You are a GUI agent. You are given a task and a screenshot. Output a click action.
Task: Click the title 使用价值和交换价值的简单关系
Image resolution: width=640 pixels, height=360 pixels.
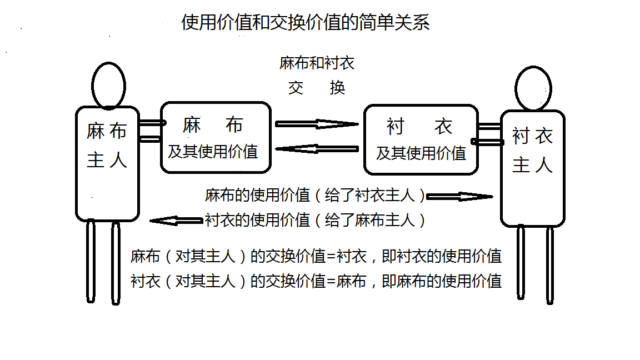coord(306,23)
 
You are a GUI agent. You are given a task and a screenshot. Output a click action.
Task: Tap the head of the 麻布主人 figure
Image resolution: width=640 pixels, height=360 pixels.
coord(108,85)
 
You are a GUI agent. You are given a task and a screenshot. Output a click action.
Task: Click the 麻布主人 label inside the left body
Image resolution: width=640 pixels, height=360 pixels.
coord(107,146)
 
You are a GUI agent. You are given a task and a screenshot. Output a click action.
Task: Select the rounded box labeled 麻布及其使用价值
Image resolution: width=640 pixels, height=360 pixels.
coord(215,137)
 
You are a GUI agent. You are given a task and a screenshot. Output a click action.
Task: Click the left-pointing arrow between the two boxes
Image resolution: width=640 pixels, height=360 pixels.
coord(317,148)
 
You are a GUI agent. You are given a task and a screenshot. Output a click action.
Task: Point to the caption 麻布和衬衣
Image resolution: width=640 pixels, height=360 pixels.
coord(317,63)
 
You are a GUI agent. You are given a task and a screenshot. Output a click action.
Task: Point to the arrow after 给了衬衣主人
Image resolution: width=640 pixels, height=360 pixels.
coord(459,196)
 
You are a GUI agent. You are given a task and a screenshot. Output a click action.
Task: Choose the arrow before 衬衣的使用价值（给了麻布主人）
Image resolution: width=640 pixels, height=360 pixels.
coord(176,221)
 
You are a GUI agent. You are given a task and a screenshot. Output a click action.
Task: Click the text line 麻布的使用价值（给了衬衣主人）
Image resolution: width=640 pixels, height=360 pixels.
coord(314,196)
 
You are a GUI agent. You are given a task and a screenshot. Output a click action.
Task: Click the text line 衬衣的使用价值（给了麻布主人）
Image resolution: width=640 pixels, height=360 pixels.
coord(315,221)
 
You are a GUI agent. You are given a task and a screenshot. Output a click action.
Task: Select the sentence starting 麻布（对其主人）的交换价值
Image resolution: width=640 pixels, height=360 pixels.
coord(316,256)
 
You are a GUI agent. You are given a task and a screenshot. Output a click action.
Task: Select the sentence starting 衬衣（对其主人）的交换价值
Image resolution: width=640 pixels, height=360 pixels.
coord(316,281)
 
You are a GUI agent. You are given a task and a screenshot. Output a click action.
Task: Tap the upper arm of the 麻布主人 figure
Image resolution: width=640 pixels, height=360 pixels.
coord(150,123)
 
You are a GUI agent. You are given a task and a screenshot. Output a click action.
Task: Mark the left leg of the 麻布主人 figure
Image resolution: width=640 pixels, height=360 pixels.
coord(91,262)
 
